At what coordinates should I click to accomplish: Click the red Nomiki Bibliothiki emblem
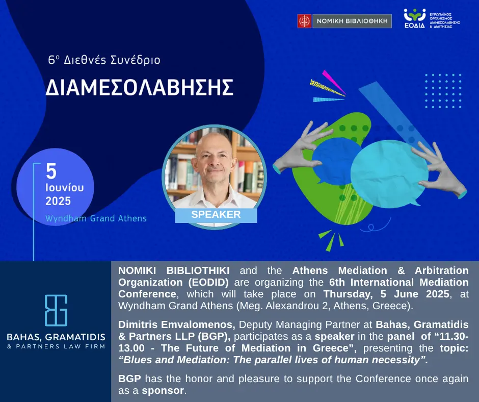coord(304,21)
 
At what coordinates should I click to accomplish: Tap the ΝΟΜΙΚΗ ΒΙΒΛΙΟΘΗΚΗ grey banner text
coord(352,21)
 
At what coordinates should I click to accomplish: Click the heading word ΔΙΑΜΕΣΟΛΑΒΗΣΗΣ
coord(140,88)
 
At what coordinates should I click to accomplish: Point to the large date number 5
coord(51,171)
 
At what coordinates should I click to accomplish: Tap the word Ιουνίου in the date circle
coord(64,188)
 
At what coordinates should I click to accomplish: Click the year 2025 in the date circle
coord(58,201)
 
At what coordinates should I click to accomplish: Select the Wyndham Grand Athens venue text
coord(96,218)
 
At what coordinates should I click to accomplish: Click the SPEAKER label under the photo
coord(216,214)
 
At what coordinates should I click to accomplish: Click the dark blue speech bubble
coord(336,160)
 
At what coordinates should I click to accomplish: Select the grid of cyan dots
coord(443,91)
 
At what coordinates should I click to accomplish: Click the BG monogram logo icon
coord(56,310)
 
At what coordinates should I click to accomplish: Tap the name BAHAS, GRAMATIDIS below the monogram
coord(56,337)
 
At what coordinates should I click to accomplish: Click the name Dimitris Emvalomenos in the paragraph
coord(177,324)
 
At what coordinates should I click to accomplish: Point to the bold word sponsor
coord(163,390)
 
